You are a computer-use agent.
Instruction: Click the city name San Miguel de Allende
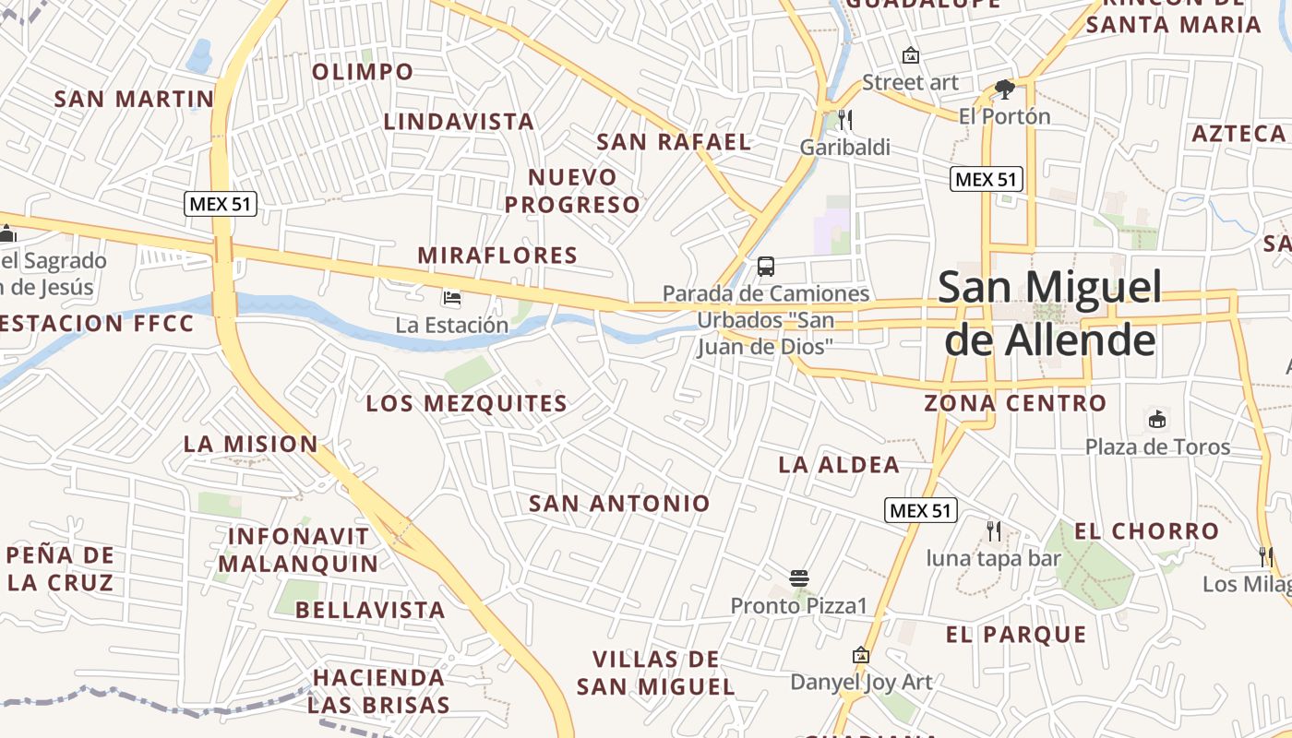pyautogui.click(x=1050, y=314)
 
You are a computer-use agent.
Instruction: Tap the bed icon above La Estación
pyautogui.click(x=452, y=298)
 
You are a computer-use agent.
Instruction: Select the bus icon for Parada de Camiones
pyautogui.click(x=766, y=267)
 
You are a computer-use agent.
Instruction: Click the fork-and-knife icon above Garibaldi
pyautogui.click(x=844, y=119)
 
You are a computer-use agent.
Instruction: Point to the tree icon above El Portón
pyautogui.click(x=1005, y=89)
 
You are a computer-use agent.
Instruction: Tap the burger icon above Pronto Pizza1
pyautogui.click(x=799, y=578)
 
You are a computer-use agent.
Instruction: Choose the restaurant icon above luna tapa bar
pyautogui.click(x=993, y=530)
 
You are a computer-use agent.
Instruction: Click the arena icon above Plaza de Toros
pyautogui.click(x=1156, y=420)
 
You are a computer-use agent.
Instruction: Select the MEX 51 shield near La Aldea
pyautogui.click(x=920, y=510)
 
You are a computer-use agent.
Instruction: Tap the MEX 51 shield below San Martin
pyautogui.click(x=221, y=204)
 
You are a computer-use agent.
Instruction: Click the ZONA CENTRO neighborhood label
pyautogui.click(x=1015, y=403)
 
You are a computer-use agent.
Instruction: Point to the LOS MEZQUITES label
pyautogui.click(x=467, y=403)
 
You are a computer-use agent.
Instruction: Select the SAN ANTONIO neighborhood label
pyautogui.click(x=619, y=503)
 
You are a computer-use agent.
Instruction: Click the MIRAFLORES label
pyautogui.click(x=497, y=256)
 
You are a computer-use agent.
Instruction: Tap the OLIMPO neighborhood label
pyautogui.click(x=363, y=71)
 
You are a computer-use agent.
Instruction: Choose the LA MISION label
pyautogui.click(x=251, y=444)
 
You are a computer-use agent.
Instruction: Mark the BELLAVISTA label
pyautogui.click(x=370, y=610)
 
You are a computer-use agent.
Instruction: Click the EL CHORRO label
pyautogui.click(x=1147, y=531)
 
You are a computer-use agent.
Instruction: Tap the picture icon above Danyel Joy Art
pyautogui.click(x=861, y=655)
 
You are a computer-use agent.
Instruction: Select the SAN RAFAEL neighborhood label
pyautogui.click(x=674, y=142)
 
